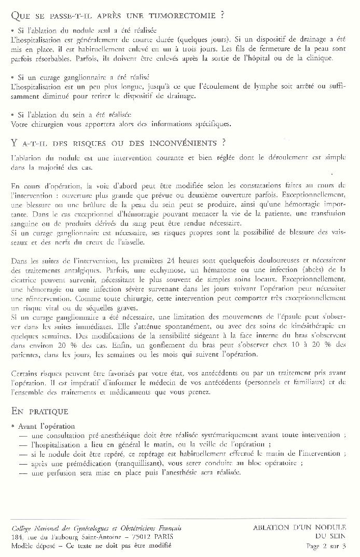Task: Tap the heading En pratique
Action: tap(39, 411)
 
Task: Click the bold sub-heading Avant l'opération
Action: tap(46, 426)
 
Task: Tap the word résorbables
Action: tap(39, 58)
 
